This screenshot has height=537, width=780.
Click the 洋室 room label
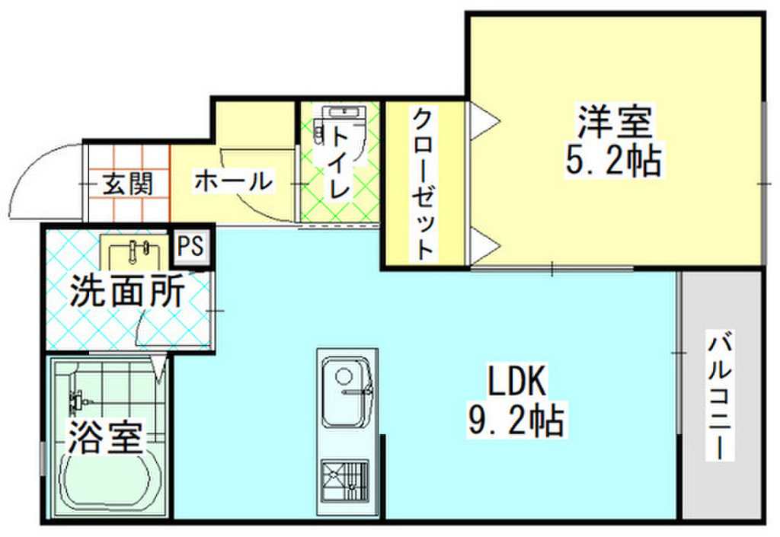pyautogui.click(x=613, y=122)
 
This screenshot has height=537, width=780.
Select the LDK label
pyautogui.click(x=515, y=381)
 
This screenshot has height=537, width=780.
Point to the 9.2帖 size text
pyautogui.click(x=515, y=420)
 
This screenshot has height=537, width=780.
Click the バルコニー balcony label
pyautogui.click(x=721, y=396)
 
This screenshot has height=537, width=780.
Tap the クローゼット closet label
pyautogui.click(x=424, y=184)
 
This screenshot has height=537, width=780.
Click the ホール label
pyautogui.click(x=232, y=182)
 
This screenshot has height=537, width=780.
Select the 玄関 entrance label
pyautogui.click(x=128, y=184)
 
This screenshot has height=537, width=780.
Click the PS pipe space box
pyautogui.click(x=191, y=246)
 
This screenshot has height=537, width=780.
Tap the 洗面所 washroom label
pyautogui.click(x=126, y=292)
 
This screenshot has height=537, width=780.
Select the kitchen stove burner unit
pyautogui.click(x=345, y=481)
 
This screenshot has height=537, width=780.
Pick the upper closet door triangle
pyautogui.click(x=482, y=120)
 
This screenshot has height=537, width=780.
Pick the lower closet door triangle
pyautogui.click(x=482, y=245)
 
